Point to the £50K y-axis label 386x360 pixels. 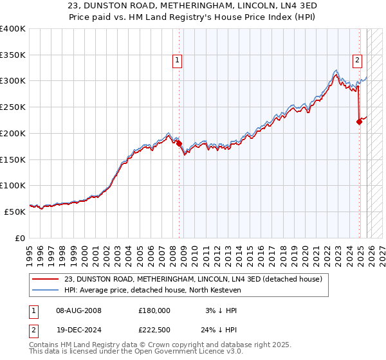pos(15,212)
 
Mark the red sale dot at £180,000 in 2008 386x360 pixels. pos(179,143)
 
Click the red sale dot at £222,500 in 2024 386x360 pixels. pos(359,122)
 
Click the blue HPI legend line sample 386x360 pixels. pos(46,290)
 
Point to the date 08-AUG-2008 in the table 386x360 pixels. pos(78,310)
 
